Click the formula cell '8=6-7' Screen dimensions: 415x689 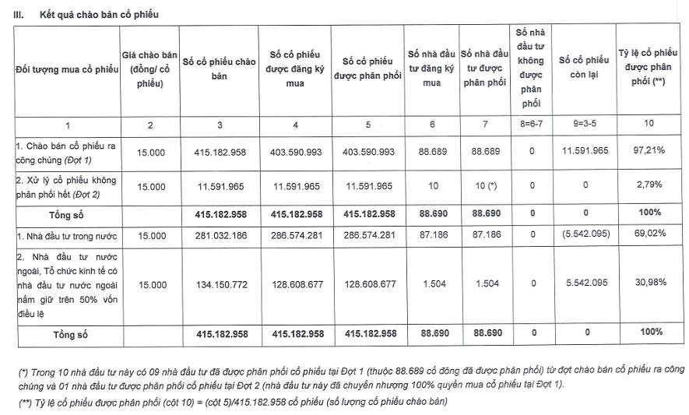pyautogui.click(x=532, y=124)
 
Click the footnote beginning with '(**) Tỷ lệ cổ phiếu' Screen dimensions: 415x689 pyautogui.click(x=234, y=402)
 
